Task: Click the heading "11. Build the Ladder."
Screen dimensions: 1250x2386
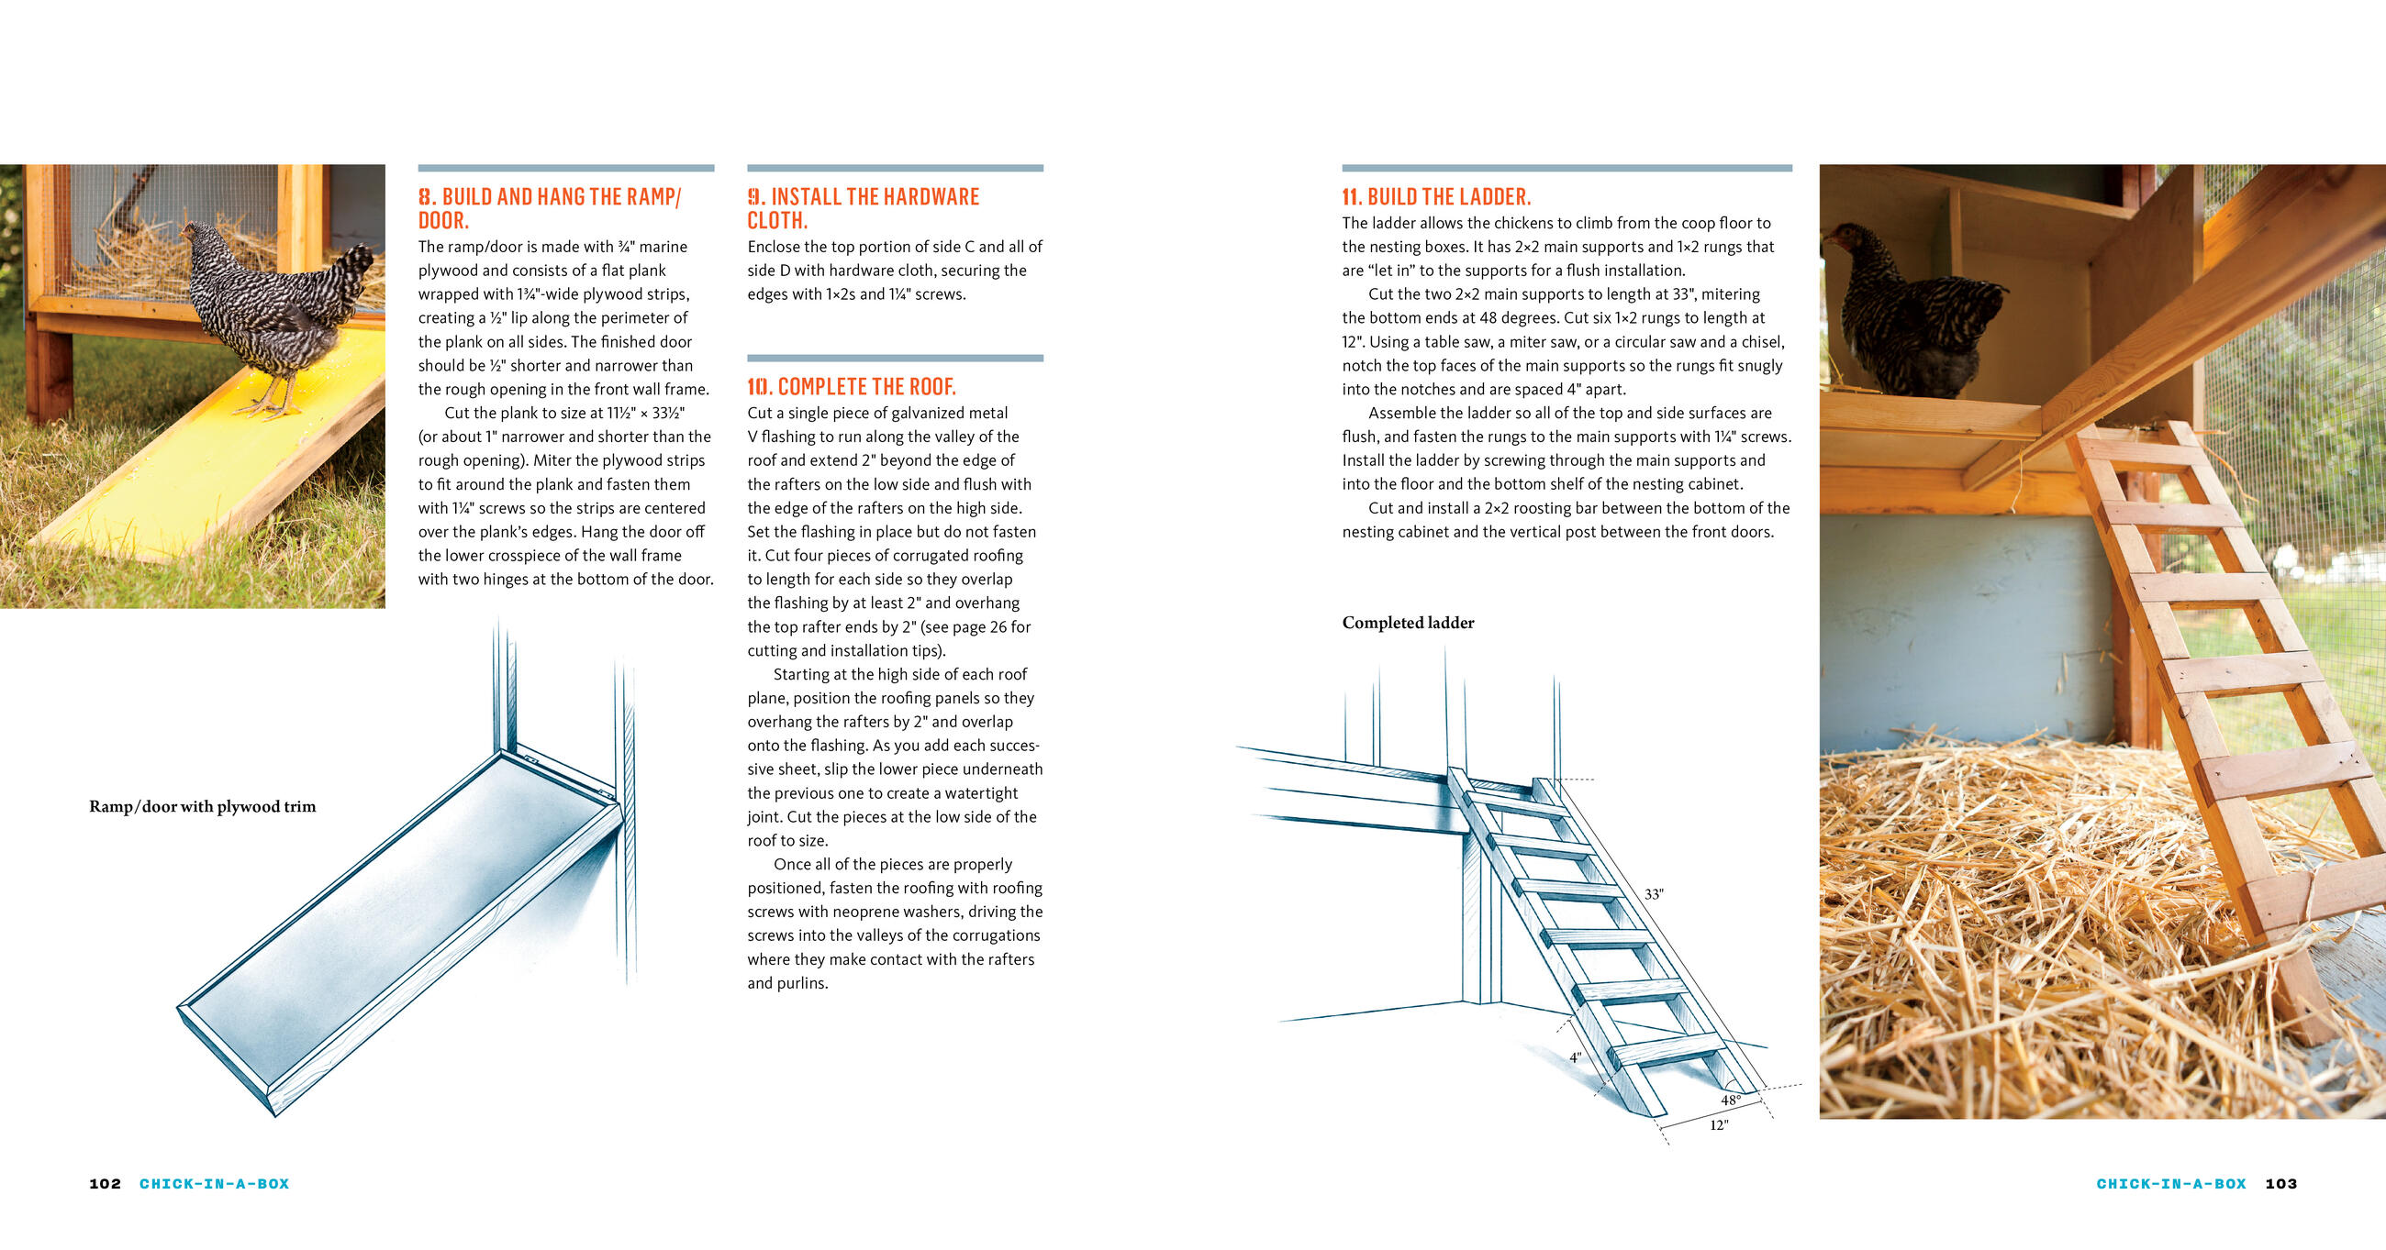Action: coord(1435,196)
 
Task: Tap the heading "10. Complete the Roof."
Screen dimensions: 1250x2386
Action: coord(852,387)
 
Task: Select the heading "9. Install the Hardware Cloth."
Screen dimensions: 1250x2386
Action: coord(863,208)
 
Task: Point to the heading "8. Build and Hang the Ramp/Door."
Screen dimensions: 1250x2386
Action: coord(550,208)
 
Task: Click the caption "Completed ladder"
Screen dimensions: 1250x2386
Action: coord(1408,623)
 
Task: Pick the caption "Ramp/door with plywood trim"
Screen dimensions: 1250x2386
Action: coord(202,806)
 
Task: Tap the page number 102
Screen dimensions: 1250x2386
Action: coord(105,1183)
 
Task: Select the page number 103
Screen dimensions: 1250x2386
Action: coord(2280,1183)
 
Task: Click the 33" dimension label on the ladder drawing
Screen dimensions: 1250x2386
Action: coord(1654,894)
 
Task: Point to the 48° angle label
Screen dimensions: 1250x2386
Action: coord(1730,1100)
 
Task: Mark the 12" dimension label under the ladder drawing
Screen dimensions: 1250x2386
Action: coord(1718,1125)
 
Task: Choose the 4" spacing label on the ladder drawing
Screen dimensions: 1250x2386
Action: coord(1575,1057)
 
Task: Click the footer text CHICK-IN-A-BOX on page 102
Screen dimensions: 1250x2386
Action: coord(214,1183)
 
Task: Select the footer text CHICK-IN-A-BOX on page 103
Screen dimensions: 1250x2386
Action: coord(2171,1183)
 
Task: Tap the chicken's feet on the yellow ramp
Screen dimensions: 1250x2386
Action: coord(269,407)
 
